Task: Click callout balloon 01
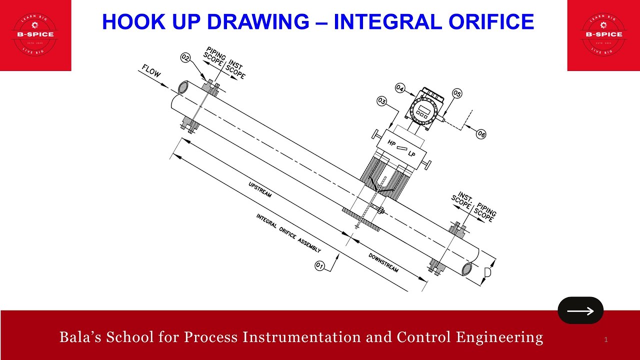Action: click(320, 265)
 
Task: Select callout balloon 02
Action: click(185, 58)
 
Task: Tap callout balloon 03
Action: click(382, 101)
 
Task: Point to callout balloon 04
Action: click(400, 88)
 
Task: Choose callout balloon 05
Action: click(457, 93)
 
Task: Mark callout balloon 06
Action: click(480, 134)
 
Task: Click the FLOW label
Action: click(151, 73)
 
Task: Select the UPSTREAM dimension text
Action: click(260, 189)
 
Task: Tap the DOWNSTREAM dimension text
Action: click(383, 262)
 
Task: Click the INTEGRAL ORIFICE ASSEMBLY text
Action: click(288, 233)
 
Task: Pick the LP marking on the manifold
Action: click(411, 154)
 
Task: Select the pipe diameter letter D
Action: click(487, 273)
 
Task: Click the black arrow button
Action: click(580, 310)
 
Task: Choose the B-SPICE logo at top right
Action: click(603, 34)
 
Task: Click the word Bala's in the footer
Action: click(78, 337)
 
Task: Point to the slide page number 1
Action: click(605, 340)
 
